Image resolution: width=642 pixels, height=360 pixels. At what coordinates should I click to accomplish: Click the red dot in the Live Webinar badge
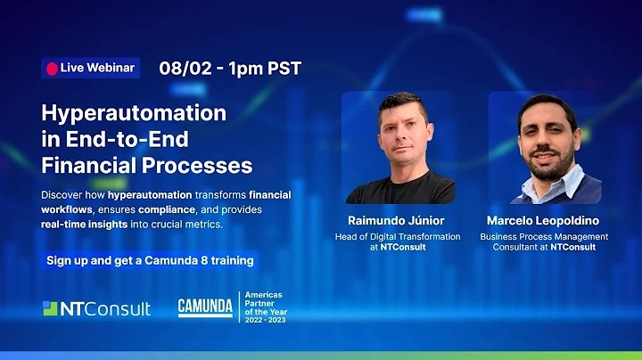pos(52,69)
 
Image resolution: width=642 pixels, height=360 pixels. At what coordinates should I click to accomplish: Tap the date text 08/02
pos(183,67)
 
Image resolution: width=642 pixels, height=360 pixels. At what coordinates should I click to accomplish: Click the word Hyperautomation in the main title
pos(134,113)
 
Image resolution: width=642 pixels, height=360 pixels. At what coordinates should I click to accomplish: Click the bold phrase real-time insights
pos(87,224)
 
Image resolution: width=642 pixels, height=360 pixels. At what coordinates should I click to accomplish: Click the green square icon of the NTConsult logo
pos(50,308)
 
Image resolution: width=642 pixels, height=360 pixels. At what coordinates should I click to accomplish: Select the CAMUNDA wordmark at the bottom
pos(205,307)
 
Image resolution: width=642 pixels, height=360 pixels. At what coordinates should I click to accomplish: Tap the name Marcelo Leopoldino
pos(544,220)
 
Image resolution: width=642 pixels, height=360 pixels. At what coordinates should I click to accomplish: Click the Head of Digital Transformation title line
pos(399,236)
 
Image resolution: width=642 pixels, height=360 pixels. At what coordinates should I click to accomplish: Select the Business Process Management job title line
pos(544,236)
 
